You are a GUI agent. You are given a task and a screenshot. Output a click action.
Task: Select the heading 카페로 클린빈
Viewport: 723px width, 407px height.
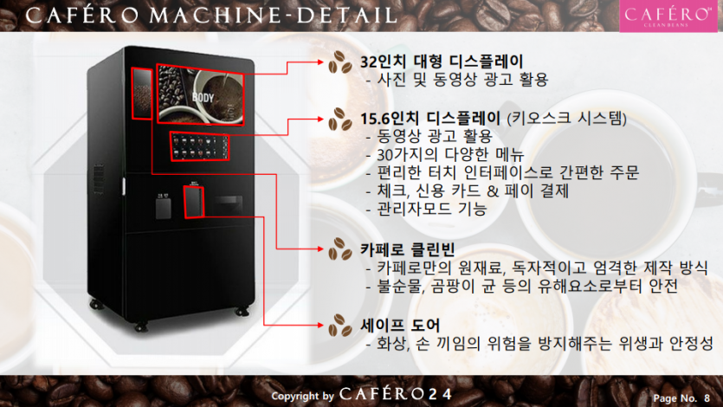click(x=403, y=250)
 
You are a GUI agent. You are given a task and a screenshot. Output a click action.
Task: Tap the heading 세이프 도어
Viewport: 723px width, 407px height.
click(x=400, y=326)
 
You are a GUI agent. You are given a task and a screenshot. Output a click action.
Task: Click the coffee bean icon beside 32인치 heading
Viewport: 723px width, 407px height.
click(x=339, y=62)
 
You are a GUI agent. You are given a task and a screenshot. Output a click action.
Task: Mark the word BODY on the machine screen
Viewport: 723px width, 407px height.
click(x=203, y=97)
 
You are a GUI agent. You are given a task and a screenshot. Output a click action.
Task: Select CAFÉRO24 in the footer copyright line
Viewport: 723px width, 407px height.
click(x=396, y=395)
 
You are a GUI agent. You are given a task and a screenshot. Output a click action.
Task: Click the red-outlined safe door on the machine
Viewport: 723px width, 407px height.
click(x=194, y=201)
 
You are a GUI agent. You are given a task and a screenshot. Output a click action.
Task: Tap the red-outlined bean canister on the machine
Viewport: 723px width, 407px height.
click(x=140, y=93)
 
